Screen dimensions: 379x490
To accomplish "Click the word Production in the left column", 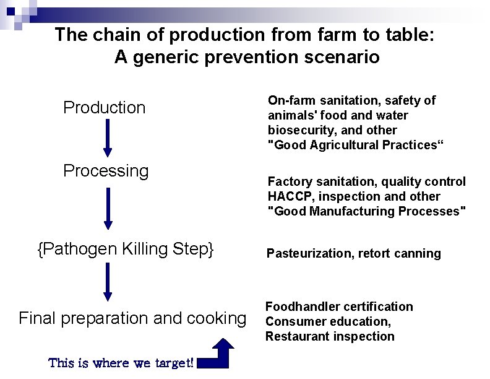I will pyautogui.click(x=105, y=108).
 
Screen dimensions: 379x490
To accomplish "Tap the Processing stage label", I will pyautogui.click(x=106, y=171).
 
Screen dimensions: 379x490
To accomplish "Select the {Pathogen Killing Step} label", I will pyautogui.click(x=126, y=250).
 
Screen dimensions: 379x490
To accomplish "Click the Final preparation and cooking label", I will pyautogui.click(x=132, y=318).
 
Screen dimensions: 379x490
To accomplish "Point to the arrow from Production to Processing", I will pyautogui.click(x=108, y=138).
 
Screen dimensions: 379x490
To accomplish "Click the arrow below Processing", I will pyautogui.click(x=108, y=209).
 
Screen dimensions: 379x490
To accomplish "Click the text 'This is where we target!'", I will pyautogui.click(x=121, y=363).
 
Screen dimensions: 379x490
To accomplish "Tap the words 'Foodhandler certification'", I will pyautogui.click(x=339, y=307).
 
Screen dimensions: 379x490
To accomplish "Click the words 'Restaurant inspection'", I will pyautogui.click(x=330, y=336).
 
